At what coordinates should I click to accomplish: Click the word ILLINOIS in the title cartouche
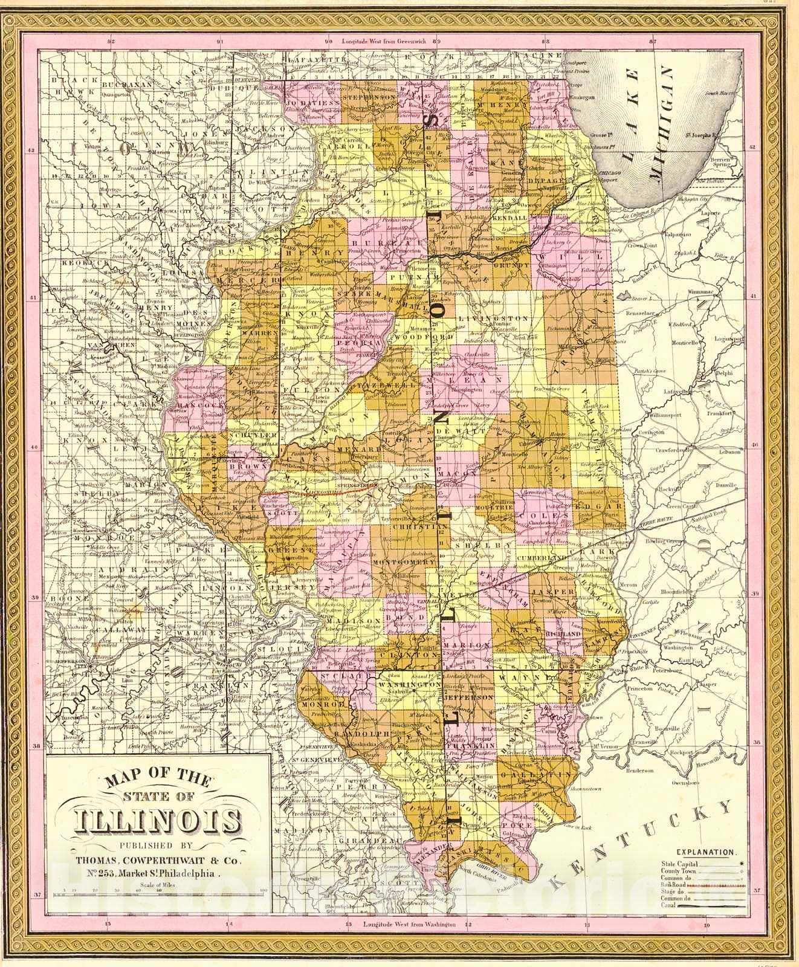point(157,822)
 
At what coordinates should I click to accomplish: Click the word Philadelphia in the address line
point(191,873)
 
